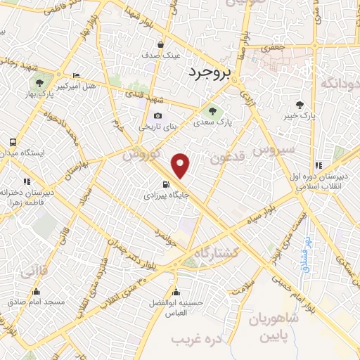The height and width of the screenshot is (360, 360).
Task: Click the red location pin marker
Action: (181, 165)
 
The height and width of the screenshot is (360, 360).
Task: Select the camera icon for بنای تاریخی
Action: (157, 115)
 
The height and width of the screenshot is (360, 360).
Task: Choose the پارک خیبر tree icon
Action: (300, 105)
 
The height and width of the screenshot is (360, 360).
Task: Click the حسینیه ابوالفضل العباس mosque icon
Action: (175, 292)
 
